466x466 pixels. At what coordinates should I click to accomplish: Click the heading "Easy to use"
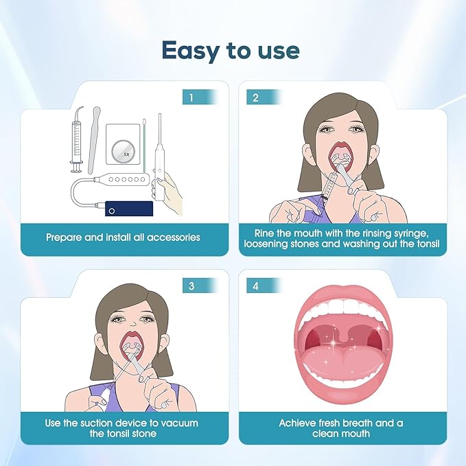click(231, 50)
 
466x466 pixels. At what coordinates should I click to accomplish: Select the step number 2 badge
click(256, 97)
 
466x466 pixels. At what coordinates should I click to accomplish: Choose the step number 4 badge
click(256, 285)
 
